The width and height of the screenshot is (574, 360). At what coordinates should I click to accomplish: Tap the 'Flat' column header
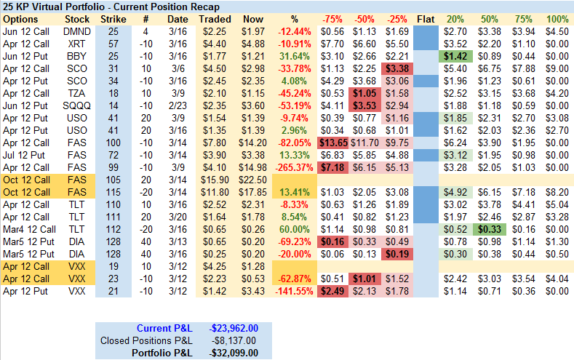pyautogui.click(x=426, y=18)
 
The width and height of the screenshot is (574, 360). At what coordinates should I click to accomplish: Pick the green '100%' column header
pyautogui.click(x=558, y=18)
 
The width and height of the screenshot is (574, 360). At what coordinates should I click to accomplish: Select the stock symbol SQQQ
pyautogui.click(x=78, y=105)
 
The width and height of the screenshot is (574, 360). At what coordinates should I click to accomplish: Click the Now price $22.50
pyautogui.click(x=254, y=180)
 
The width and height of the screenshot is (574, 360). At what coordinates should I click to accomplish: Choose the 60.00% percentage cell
pyautogui.click(x=298, y=229)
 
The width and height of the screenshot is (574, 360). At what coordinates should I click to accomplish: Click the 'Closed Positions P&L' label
pyautogui.click(x=146, y=340)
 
